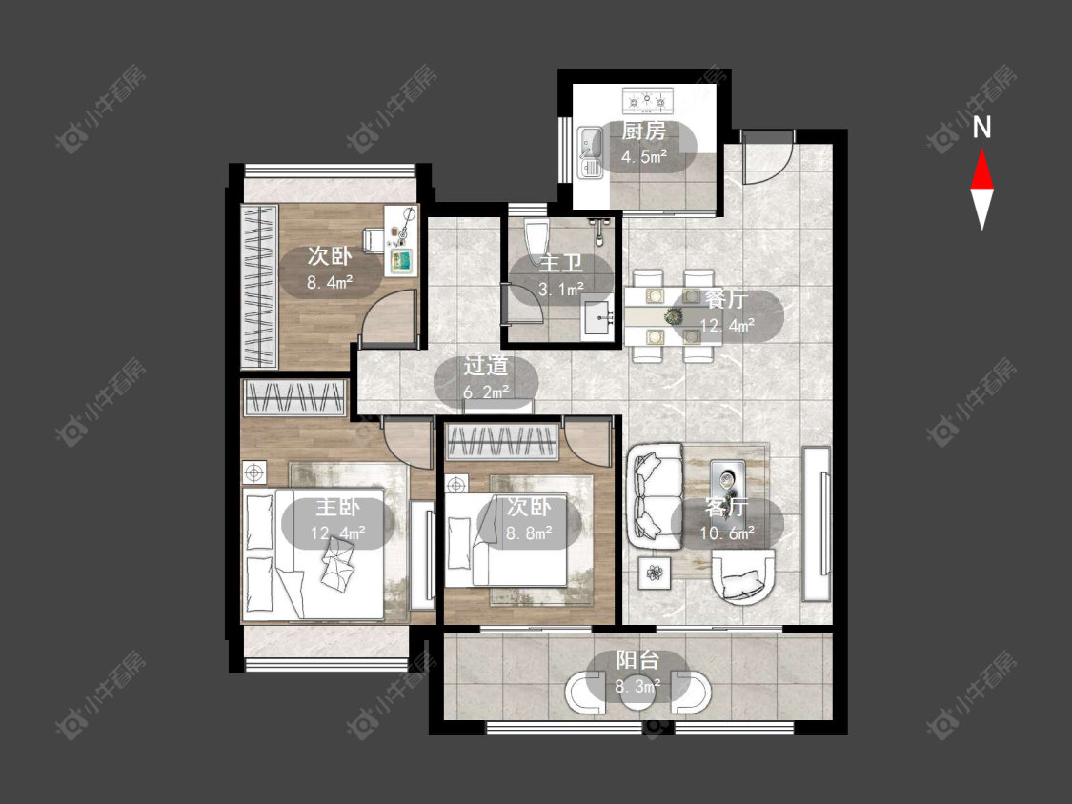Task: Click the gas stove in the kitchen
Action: pos(647,101)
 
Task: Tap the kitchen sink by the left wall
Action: pos(590,151)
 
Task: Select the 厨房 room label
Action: pos(643,131)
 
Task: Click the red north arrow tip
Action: pos(982,151)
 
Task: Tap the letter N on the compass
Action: pos(981,127)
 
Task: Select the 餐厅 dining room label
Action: pos(726,299)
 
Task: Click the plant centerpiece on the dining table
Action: pos(674,316)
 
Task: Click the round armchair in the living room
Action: pos(743,577)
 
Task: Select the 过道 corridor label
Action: pos(486,366)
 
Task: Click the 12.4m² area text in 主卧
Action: pos(337,533)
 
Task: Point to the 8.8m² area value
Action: pos(529,533)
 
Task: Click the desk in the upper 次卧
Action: pos(400,241)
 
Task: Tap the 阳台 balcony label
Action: pos(637,660)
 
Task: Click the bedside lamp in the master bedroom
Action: pos(253,472)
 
